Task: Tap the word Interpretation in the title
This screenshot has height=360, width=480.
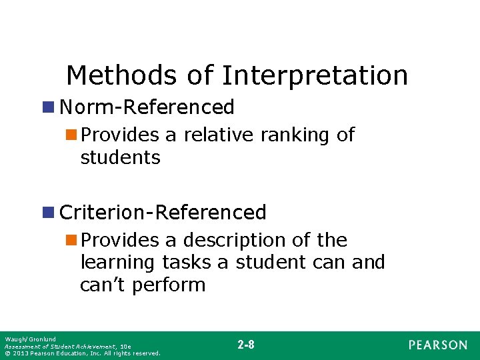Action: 315,75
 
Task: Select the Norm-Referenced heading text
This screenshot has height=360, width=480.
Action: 147,107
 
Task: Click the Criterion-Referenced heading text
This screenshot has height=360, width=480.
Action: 163,213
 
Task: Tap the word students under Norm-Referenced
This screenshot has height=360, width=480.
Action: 120,158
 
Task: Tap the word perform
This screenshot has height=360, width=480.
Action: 169,286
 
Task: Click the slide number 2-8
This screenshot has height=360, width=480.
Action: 245,345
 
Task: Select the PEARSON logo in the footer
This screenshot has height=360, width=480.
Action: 438,345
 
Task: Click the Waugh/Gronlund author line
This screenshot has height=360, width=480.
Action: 30,339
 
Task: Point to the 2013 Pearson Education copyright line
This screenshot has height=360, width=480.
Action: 82,353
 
